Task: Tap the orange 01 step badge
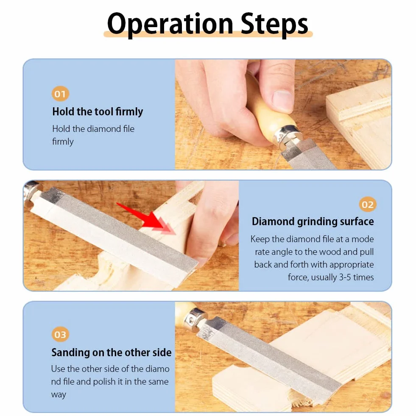60,94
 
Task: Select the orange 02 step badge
368,204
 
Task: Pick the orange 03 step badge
60,335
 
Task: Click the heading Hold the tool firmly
98,112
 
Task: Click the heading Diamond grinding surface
313,221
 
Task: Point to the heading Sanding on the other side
112,352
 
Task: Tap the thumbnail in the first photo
282,99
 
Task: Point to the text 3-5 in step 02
345,277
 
